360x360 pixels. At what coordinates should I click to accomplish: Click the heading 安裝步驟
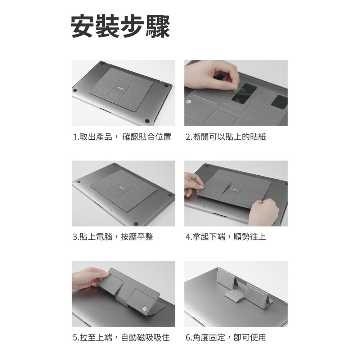click(120, 26)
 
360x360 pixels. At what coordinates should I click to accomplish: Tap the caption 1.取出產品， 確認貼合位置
click(122, 137)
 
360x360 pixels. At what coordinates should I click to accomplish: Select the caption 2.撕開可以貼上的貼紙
click(226, 137)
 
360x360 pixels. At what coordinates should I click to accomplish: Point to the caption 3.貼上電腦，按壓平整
click(113, 237)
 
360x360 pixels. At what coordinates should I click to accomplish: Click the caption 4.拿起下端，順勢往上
click(226, 237)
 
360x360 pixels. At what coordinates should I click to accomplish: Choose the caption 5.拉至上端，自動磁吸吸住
click(121, 338)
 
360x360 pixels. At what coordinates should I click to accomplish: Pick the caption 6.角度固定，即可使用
click(226, 338)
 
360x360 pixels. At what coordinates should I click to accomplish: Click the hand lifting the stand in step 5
click(91, 278)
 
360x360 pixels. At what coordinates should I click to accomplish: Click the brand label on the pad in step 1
click(121, 88)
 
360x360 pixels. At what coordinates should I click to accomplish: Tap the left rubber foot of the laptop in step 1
click(75, 90)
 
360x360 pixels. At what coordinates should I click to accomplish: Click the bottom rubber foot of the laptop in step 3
click(136, 224)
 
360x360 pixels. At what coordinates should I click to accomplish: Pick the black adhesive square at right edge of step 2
click(280, 102)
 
